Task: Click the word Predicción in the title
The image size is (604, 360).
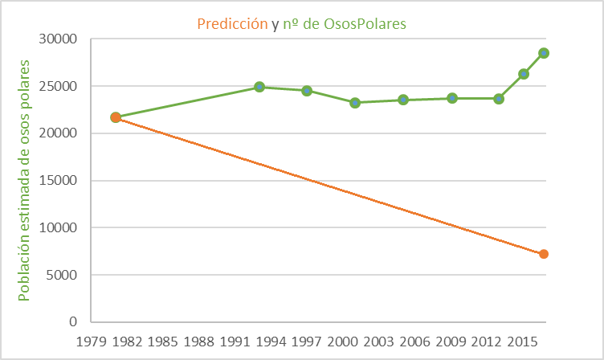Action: (x=234, y=24)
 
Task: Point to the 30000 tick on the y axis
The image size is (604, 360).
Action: (x=58, y=39)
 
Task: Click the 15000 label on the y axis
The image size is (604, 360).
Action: (x=58, y=180)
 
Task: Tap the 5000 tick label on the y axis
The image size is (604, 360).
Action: (x=61, y=275)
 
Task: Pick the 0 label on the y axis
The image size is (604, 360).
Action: (x=71, y=322)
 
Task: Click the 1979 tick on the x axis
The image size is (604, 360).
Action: (x=91, y=341)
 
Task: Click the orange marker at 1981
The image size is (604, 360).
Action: (x=116, y=117)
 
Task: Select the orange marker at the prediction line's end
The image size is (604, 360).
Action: (x=544, y=254)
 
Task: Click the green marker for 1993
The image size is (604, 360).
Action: (x=259, y=87)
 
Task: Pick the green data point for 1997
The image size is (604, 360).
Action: (x=307, y=91)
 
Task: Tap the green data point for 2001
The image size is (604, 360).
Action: (x=354, y=103)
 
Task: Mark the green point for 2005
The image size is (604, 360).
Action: (x=403, y=100)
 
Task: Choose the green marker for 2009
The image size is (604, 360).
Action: (x=452, y=98)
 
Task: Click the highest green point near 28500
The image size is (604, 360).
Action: (x=544, y=53)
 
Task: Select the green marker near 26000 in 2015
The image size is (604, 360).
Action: (x=524, y=74)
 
